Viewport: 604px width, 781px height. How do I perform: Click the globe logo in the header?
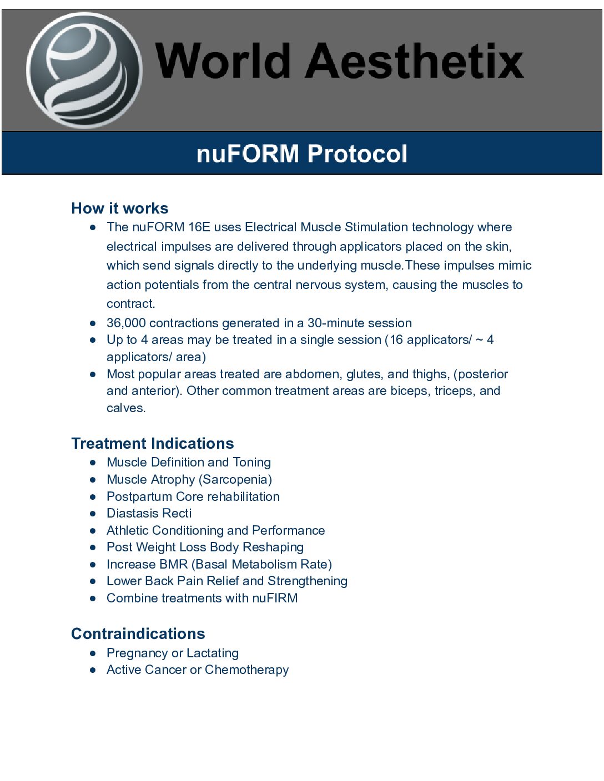pyautogui.click(x=84, y=70)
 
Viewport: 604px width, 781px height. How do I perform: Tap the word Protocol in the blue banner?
pyautogui.click(x=357, y=154)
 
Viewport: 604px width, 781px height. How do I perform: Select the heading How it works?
pyautogui.click(x=120, y=208)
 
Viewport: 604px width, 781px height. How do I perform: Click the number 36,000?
pyautogui.click(x=126, y=323)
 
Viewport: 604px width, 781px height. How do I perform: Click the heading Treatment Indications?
pyautogui.click(x=153, y=443)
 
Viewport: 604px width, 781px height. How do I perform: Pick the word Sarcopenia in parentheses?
pyautogui.click(x=235, y=479)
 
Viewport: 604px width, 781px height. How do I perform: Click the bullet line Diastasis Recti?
pyautogui.click(x=149, y=513)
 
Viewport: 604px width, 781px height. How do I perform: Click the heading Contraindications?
pyautogui.click(x=138, y=633)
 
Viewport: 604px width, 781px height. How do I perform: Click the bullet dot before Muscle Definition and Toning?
pyautogui.click(x=93, y=462)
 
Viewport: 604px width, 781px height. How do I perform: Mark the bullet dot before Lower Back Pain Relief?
pyautogui.click(x=93, y=581)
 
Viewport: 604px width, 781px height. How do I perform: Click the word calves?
pyautogui.click(x=125, y=408)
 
